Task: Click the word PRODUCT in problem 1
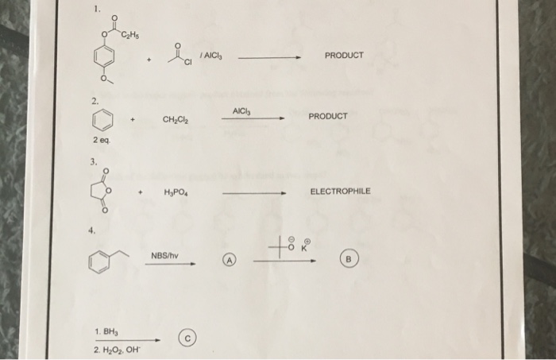(344, 56)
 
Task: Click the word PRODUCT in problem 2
(328, 116)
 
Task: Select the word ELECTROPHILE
(340, 192)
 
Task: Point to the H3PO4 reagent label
(176, 192)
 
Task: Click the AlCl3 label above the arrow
(243, 108)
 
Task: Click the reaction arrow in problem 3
(254, 193)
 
